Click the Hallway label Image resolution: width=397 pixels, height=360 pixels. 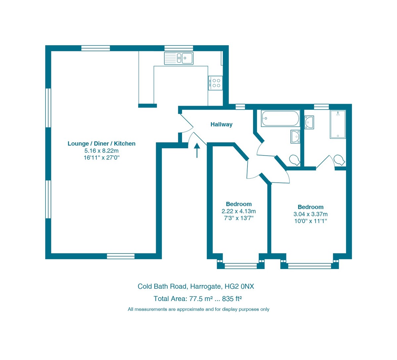pos(221,124)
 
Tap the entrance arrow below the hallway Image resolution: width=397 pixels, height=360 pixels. pos(197,150)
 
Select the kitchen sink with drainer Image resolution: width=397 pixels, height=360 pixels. pos(179,58)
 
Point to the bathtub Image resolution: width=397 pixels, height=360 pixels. pos(280,118)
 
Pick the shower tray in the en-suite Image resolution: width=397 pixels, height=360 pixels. pos(337,124)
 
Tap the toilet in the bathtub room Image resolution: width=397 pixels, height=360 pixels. pos(294,160)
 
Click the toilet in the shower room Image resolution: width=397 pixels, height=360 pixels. pos(339,159)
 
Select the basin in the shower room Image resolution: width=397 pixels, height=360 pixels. pos(309,122)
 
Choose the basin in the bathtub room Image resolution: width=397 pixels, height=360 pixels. pos(295,136)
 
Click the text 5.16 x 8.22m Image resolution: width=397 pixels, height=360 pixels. pos(101,151)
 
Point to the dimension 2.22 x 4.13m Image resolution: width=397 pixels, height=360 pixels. pos(239,211)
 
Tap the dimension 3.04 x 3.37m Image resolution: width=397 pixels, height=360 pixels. pos(310,214)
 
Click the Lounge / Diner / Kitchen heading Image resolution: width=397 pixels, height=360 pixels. pos(101,144)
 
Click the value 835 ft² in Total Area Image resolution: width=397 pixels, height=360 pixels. pos(232,299)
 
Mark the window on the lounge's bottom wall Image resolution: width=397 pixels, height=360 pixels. pos(120,256)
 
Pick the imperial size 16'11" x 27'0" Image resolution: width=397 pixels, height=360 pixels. pos(101,158)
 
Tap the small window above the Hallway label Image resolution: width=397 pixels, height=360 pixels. pos(240,107)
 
